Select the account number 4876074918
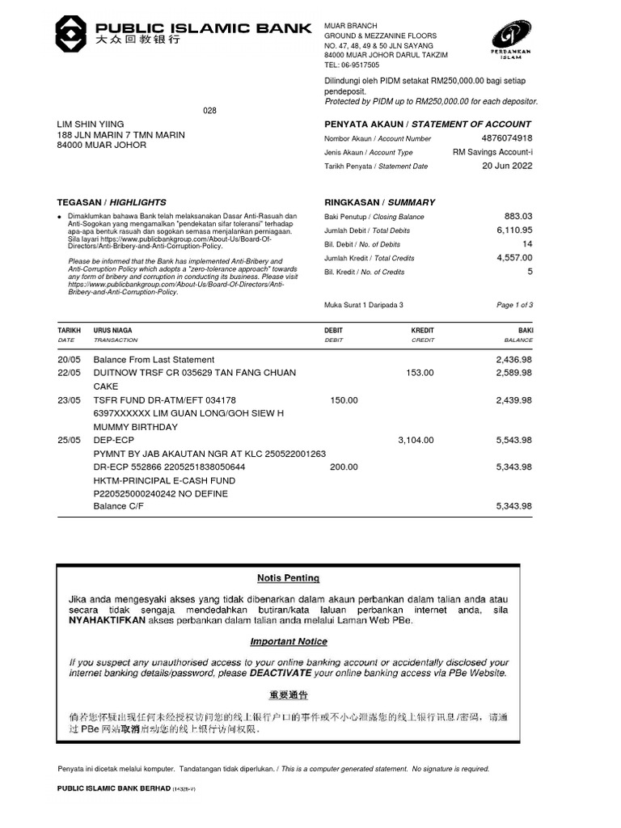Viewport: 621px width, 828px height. (506, 138)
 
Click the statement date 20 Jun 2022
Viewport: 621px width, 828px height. (507, 166)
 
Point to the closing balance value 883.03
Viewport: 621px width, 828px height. (518, 217)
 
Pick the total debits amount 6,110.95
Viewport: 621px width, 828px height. (513, 230)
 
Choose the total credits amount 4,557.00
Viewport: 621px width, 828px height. (513, 258)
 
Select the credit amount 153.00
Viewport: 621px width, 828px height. (420, 373)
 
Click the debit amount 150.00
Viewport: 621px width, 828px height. (344, 400)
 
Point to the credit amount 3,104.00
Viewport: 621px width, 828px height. (416, 441)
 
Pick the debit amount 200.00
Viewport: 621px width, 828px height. (344, 467)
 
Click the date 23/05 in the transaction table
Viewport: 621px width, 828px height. (69, 400)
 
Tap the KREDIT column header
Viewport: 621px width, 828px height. (422, 331)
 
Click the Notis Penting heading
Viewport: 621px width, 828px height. (288, 578)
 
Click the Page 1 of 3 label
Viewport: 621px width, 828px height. (514, 305)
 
